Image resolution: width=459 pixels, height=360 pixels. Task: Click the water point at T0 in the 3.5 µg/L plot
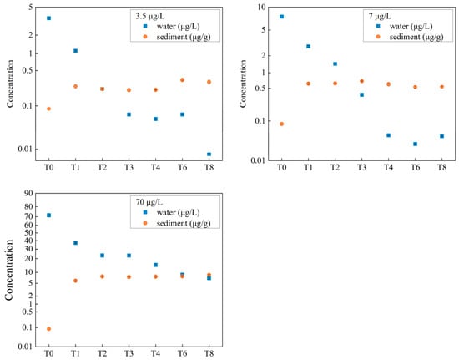[x=49, y=18]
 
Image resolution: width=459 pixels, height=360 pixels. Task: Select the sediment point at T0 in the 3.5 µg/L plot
[x=49, y=109]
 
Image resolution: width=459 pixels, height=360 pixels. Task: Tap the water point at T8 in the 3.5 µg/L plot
[x=209, y=155]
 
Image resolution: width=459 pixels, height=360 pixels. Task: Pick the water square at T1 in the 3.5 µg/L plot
[x=75, y=51]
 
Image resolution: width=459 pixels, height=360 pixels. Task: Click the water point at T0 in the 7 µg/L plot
[x=281, y=17]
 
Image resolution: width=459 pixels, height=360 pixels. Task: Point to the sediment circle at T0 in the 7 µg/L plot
[x=281, y=124]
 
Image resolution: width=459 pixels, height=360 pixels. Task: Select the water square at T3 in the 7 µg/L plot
[x=362, y=95]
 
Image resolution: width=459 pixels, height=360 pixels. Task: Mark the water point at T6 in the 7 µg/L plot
[x=415, y=145]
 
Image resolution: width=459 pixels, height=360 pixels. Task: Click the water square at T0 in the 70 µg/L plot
[x=49, y=215]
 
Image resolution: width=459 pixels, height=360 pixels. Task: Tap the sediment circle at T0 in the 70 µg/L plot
[x=49, y=329]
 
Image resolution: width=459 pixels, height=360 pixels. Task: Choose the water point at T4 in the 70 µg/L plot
[x=156, y=265]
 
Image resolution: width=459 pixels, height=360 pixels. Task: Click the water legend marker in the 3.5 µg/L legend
[x=145, y=26]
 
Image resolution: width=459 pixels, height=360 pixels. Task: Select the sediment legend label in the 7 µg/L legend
[x=416, y=37]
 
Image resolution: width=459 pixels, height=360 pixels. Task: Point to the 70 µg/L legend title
[x=149, y=202]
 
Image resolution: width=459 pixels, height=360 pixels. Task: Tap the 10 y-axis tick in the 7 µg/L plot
[x=261, y=7]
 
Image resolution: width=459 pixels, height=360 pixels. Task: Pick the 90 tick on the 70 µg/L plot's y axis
[x=28, y=193]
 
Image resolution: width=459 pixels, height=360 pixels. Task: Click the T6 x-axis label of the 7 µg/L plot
[x=415, y=167]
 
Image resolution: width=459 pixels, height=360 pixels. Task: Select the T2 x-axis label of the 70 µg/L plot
[x=102, y=353]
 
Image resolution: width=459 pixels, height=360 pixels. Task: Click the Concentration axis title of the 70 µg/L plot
[x=9, y=270]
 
